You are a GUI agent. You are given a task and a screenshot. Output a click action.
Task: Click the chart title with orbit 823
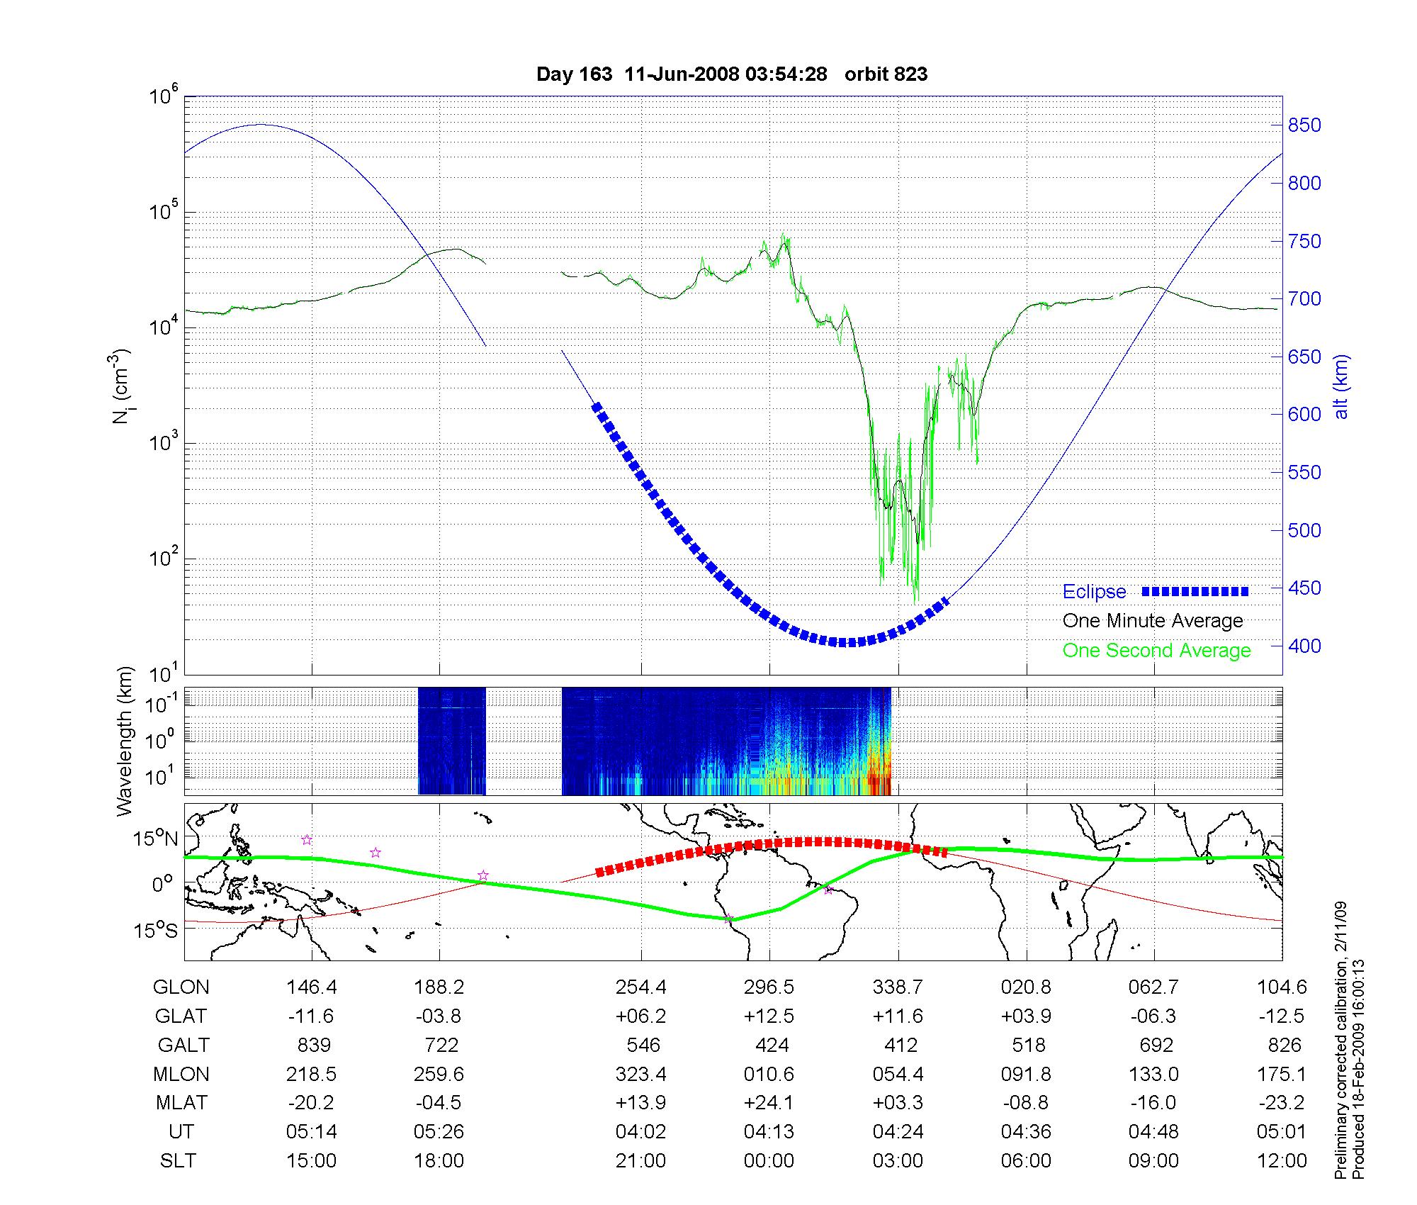[x=732, y=74]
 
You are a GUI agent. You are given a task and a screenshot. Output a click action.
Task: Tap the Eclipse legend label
[x=1094, y=592]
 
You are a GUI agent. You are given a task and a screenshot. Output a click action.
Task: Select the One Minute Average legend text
[x=1153, y=621]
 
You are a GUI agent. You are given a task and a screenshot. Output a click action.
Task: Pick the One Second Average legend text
[x=1156, y=651]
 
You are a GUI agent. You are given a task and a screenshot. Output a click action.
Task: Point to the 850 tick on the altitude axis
[x=1304, y=125]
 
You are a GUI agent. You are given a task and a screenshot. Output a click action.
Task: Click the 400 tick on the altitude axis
[x=1304, y=646]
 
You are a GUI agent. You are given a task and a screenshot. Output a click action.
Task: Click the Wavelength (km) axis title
[x=125, y=741]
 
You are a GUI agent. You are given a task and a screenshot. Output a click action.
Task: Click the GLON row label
[x=181, y=987]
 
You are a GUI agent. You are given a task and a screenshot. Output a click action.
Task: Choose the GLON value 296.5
[x=769, y=987]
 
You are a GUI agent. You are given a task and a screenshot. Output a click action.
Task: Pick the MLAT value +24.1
[x=769, y=1103]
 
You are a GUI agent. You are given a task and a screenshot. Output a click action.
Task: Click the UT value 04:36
[x=1026, y=1132]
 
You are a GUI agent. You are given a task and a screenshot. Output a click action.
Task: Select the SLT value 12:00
[x=1282, y=1161]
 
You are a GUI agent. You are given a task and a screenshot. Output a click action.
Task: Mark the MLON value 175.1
[x=1282, y=1075]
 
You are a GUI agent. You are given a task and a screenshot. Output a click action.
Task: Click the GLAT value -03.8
[x=439, y=1016]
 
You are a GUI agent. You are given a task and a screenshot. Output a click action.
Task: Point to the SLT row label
[x=178, y=1161]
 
